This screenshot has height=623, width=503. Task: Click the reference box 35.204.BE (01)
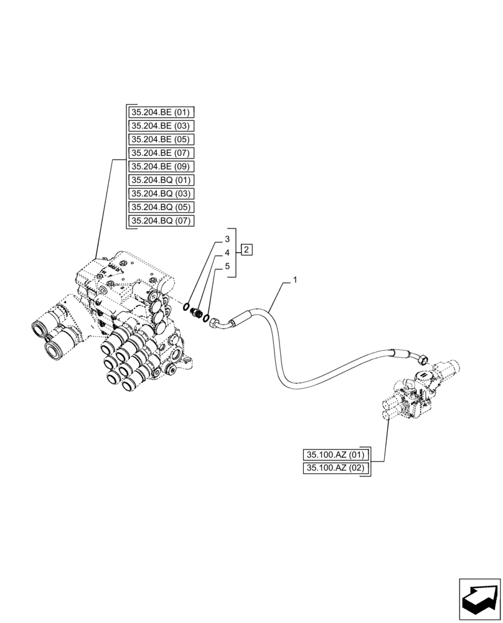point(161,113)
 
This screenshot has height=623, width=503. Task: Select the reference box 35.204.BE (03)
point(161,126)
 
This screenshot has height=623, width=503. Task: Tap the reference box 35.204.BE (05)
point(161,140)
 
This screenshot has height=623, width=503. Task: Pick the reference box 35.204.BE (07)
point(161,153)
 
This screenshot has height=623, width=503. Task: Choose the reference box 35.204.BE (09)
point(161,166)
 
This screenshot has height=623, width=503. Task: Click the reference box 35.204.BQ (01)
point(161,180)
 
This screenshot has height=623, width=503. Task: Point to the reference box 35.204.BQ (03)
point(161,194)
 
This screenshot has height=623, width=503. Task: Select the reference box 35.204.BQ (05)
point(161,207)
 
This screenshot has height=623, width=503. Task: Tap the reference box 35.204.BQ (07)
point(161,221)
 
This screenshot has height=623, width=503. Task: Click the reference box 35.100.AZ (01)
point(336,455)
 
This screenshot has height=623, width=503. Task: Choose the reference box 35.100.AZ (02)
point(336,468)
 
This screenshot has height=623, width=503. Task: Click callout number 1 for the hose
point(295,280)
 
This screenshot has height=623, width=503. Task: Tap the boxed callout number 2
point(247,250)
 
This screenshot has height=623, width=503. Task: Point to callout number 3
point(227,239)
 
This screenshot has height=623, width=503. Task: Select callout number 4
point(227,253)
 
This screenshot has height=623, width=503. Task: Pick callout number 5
point(227,267)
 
